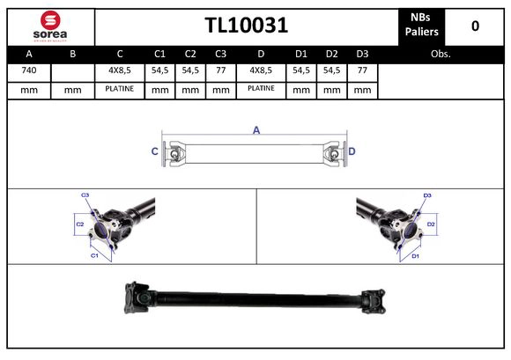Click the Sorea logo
[49, 26]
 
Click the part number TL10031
[247, 26]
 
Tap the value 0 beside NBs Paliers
[475, 26]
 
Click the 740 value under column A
[29, 70]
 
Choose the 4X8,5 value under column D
[262, 70]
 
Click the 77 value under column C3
[220, 70]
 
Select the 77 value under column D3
[361, 70]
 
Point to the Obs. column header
[441, 53]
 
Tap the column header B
[73, 53]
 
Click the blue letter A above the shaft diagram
[256, 130]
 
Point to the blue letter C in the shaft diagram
[155, 152]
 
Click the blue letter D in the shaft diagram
[352, 152]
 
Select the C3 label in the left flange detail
[85, 195]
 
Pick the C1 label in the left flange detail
[94, 255]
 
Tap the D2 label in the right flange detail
[431, 225]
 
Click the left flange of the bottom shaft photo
[139, 299]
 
